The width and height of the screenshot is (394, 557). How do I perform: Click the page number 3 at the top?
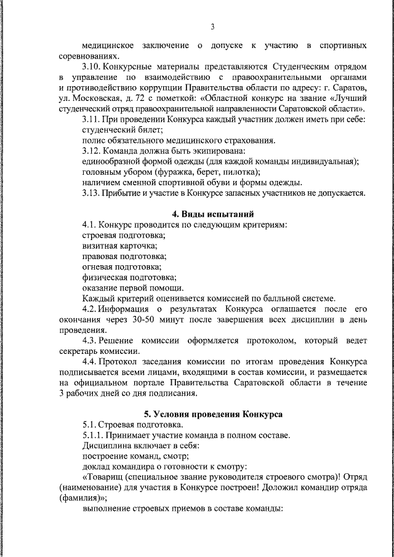212,26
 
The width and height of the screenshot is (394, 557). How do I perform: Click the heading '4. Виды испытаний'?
212,214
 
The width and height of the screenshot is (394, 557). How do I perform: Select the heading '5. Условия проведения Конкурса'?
213,414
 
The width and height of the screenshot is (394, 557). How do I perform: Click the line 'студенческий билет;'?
122,130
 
